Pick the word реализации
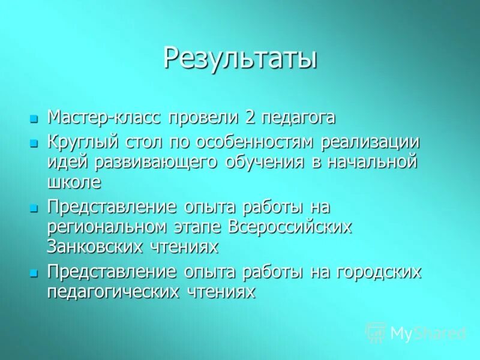[370, 143]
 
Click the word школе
[74, 181]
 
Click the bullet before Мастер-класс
[34, 118]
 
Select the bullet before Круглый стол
[34, 144]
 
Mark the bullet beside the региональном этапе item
[34, 209]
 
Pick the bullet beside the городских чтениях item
[34, 273]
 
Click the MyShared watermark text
[428, 333]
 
